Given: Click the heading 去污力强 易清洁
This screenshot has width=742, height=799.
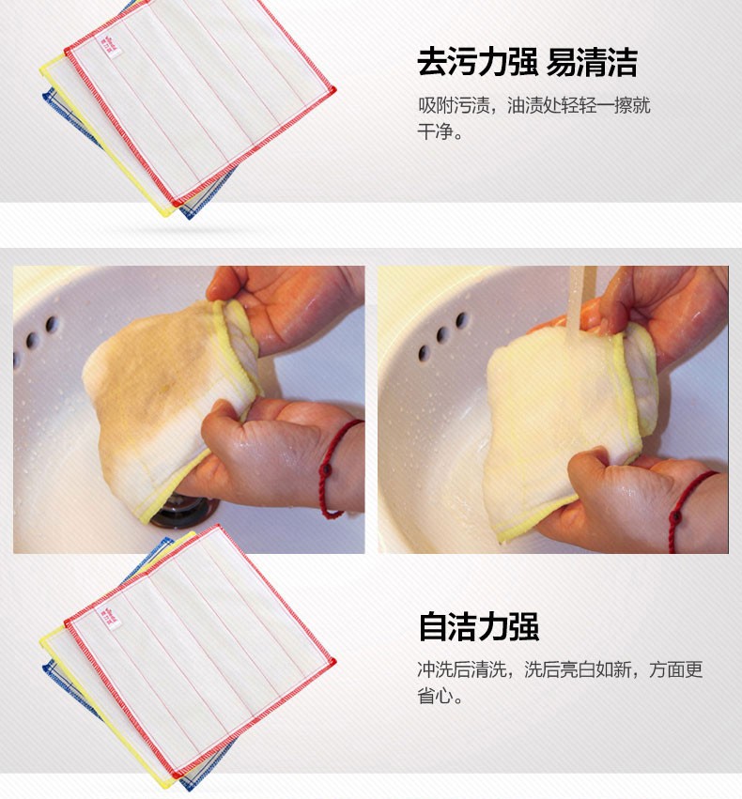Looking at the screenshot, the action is pyautogui.click(x=528, y=62).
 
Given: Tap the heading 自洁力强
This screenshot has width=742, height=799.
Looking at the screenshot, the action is pyautogui.click(x=478, y=626).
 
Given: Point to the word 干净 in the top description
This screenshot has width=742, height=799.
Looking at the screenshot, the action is pyautogui.click(x=435, y=131).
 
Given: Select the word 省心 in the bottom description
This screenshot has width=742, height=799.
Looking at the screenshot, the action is pyautogui.click(x=435, y=695).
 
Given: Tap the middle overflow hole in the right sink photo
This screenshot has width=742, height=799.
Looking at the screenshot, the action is pyautogui.click(x=441, y=335).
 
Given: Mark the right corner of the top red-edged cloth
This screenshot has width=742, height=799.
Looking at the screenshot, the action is pyautogui.click(x=333, y=90).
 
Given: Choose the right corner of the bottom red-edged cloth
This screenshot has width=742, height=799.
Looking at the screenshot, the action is pyautogui.click(x=333, y=662).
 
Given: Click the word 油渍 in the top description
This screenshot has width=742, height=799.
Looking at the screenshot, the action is pyautogui.click(x=524, y=105).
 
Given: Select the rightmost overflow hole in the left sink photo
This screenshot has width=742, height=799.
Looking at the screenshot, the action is pyautogui.click(x=52, y=325).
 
